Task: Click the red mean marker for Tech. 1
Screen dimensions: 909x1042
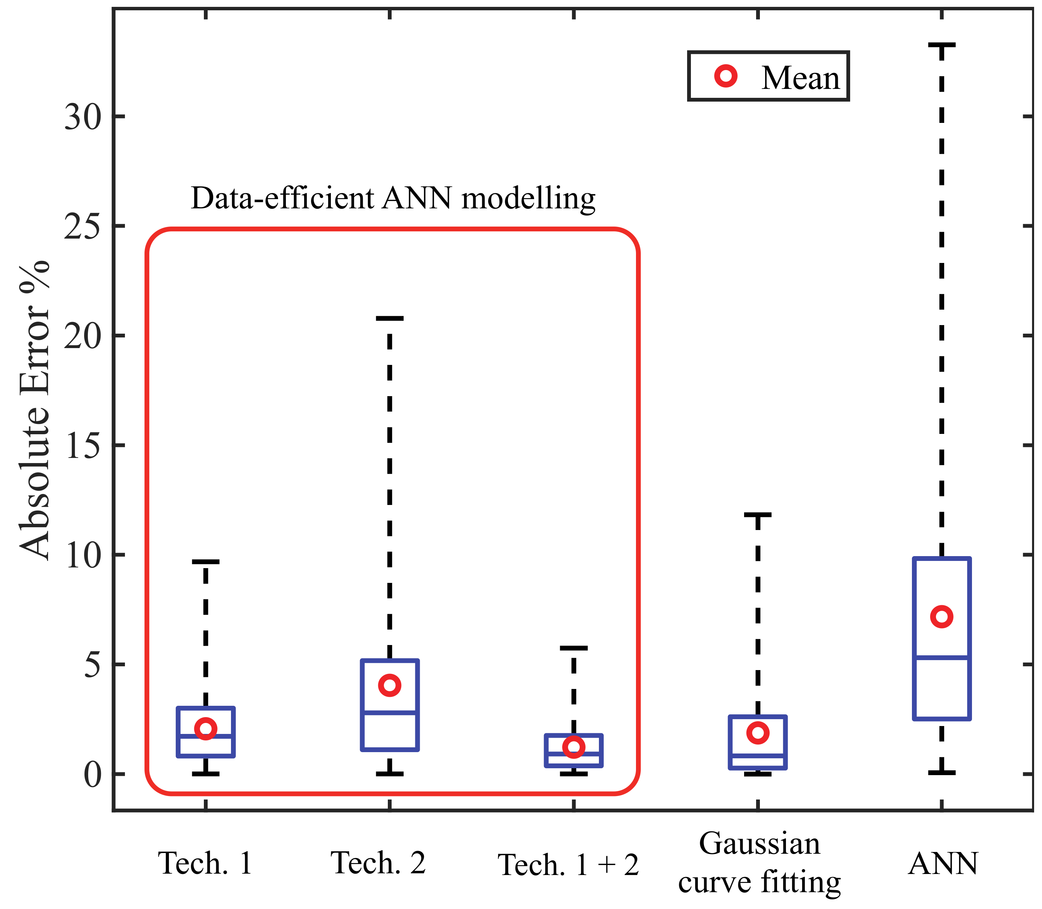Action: tap(205, 728)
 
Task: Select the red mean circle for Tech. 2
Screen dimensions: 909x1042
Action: tap(390, 685)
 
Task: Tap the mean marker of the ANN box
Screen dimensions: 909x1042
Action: tap(941, 617)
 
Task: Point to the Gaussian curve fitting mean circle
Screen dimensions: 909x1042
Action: tap(757, 733)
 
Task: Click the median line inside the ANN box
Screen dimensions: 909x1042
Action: tap(941, 657)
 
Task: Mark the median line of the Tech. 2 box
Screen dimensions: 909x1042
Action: tap(390, 712)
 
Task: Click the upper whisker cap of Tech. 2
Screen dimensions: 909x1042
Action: tap(390, 319)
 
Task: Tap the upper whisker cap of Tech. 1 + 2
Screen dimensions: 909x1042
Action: tap(574, 648)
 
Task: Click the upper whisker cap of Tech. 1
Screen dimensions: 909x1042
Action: tap(205, 562)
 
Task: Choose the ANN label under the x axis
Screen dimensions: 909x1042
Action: tap(942, 863)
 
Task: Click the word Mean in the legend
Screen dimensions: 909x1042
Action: tap(800, 78)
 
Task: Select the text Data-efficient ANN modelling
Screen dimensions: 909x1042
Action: tap(393, 198)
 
